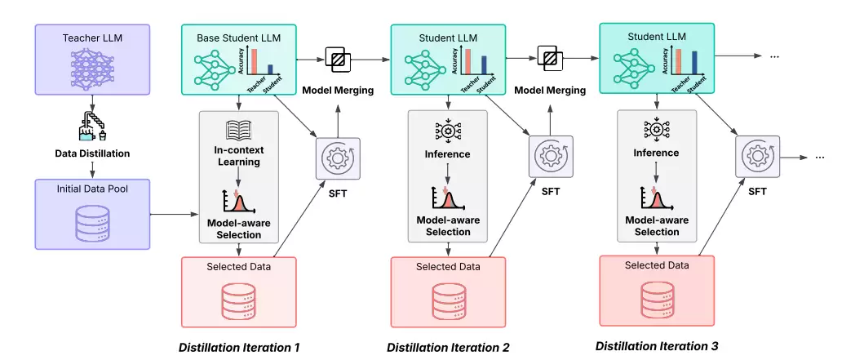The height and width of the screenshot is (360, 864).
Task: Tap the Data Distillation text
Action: [92, 153]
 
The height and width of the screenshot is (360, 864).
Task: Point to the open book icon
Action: [238, 129]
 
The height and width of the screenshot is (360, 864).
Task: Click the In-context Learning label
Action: [239, 155]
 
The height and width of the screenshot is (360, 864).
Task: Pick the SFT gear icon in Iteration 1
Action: [338, 158]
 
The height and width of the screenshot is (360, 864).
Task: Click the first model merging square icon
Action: [337, 58]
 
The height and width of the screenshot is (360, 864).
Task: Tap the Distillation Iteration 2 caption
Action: [448, 347]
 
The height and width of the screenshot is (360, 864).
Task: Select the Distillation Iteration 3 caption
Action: [657, 346]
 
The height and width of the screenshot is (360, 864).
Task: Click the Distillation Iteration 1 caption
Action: [239, 347]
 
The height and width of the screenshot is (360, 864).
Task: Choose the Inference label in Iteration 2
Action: [447, 153]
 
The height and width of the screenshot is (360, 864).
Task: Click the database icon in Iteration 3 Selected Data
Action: [657, 300]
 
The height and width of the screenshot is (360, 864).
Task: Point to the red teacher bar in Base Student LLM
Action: [255, 62]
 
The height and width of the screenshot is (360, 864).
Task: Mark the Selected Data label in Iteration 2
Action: [447, 266]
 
